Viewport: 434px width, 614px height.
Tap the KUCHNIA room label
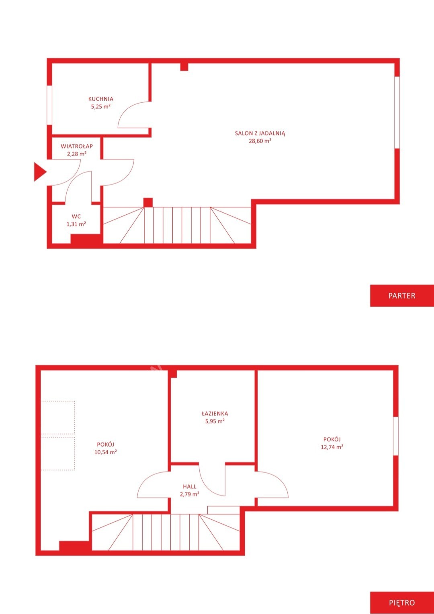101,99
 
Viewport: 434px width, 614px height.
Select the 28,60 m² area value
260,141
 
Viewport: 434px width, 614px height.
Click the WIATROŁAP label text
77,146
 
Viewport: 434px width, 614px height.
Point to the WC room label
76,216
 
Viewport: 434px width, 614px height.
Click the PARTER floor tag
402,296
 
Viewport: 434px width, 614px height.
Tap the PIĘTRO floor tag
402,602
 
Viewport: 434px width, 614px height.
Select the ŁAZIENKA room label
215,413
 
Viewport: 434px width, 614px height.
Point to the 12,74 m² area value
332,447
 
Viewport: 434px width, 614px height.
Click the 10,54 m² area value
106,452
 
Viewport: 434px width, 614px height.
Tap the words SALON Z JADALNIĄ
260,134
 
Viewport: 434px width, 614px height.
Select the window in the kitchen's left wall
49,105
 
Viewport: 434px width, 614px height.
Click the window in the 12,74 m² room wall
395,436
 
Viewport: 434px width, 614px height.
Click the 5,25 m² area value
101,106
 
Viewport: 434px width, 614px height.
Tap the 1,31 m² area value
76,224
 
